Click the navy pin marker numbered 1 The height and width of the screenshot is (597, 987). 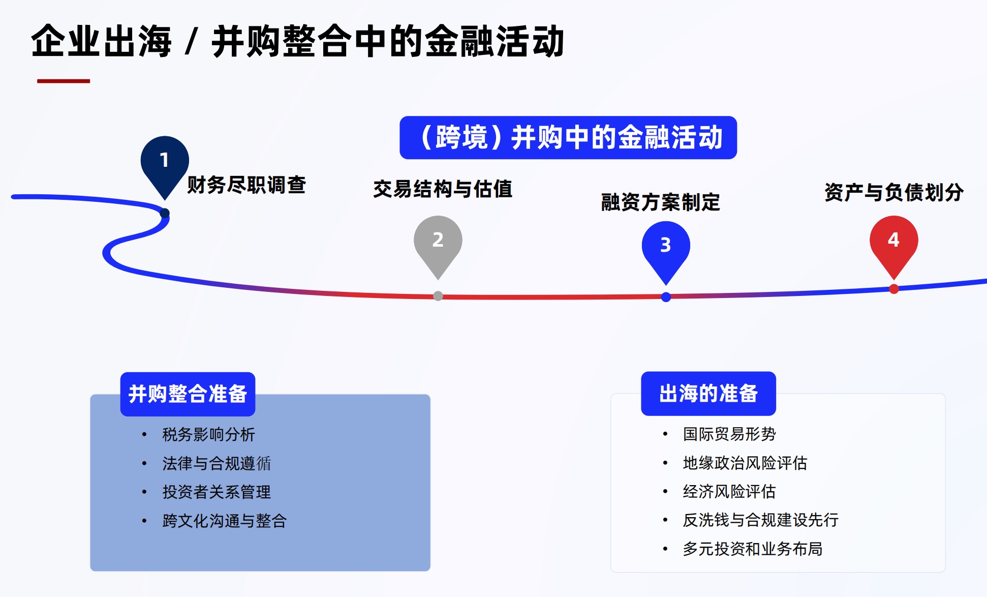[165, 167]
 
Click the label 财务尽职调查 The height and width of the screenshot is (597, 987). [246, 185]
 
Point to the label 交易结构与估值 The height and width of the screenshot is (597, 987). [443, 189]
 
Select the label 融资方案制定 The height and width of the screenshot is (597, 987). [661, 202]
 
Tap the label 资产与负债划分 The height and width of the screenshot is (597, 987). [894, 192]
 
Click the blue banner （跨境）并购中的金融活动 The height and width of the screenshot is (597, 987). [568, 137]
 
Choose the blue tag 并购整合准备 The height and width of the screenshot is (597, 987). [188, 394]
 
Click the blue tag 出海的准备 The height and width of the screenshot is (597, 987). [708, 394]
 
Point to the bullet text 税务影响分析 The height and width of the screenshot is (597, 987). [208, 434]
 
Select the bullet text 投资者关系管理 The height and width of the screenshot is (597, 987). [217, 492]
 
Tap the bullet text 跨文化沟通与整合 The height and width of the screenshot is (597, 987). [225, 521]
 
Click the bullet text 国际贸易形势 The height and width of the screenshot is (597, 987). [729, 434]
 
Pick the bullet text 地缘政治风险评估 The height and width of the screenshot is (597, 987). [745, 463]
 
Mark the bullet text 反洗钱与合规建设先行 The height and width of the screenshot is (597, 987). [761, 520]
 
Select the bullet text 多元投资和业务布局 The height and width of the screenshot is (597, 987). [753, 549]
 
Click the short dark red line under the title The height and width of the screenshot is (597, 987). [64, 81]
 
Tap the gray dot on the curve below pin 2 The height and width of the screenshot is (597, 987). [438, 296]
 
